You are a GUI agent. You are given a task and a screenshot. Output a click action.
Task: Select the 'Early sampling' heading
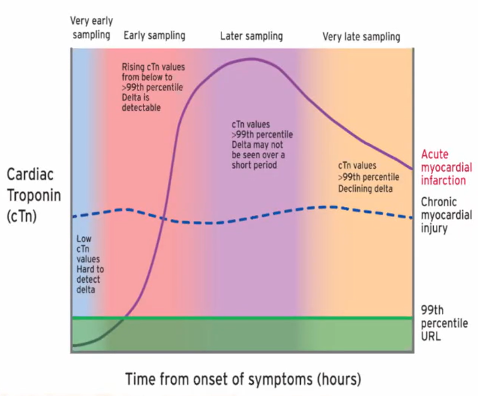[x=155, y=35]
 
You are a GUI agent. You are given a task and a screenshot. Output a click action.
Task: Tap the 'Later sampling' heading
[x=251, y=35]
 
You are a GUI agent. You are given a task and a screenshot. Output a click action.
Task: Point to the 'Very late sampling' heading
[x=361, y=36]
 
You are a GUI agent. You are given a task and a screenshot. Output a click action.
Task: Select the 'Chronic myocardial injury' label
[x=444, y=214]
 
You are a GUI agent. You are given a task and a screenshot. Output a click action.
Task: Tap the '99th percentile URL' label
[x=443, y=322]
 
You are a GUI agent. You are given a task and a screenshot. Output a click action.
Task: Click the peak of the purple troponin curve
[x=249, y=58]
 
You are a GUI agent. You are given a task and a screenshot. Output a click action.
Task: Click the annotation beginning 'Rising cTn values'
[x=154, y=87]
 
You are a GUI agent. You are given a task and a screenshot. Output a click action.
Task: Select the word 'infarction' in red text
[x=443, y=180]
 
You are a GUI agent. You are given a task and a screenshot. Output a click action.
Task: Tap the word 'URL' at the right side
[x=431, y=336]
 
